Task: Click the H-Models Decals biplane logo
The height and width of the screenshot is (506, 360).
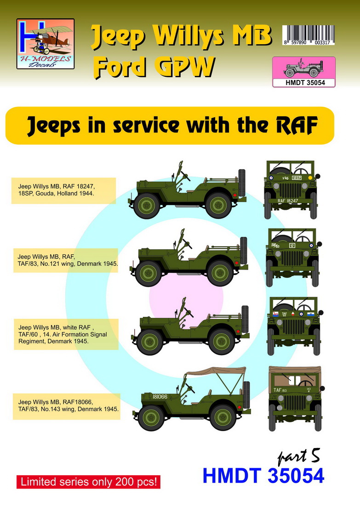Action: tap(45, 43)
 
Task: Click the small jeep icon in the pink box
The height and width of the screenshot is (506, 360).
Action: tap(303, 69)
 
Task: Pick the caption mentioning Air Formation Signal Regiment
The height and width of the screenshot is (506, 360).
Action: tap(64, 334)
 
